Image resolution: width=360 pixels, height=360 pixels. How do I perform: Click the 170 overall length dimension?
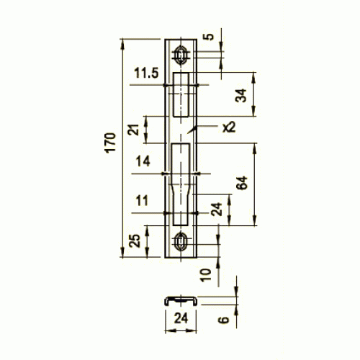[111, 143]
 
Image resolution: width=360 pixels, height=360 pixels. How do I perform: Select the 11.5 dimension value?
[146, 73]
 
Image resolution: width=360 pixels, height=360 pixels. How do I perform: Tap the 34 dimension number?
[241, 95]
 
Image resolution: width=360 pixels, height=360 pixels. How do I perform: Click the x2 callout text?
[229, 127]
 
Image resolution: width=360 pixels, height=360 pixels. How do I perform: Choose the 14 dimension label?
[143, 161]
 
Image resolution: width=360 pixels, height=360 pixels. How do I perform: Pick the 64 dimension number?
[242, 183]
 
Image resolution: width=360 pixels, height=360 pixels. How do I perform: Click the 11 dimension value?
[142, 200]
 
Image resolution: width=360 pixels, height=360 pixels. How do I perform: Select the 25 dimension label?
[135, 240]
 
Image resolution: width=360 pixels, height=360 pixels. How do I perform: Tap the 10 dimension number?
[206, 275]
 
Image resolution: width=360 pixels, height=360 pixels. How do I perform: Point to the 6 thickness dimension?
[224, 320]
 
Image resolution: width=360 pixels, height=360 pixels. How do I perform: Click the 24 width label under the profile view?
[181, 318]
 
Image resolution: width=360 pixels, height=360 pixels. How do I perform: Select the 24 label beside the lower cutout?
[216, 209]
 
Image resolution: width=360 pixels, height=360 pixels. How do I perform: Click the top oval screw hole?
[181, 55]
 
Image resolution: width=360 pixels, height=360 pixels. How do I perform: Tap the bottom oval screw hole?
[181, 241]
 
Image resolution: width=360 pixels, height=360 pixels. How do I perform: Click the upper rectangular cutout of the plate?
[181, 94]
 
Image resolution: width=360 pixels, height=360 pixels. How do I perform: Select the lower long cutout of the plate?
[181, 184]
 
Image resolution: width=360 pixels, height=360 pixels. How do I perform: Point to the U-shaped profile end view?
[181, 301]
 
